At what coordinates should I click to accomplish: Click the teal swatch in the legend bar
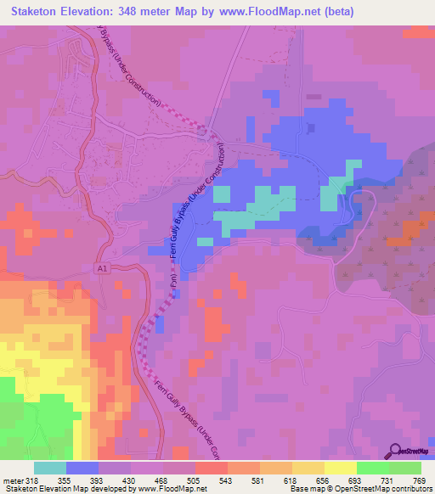tap(50, 468)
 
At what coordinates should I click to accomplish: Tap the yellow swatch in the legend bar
tap(341, 468)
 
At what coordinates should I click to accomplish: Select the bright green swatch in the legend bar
tap(373, 468)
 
